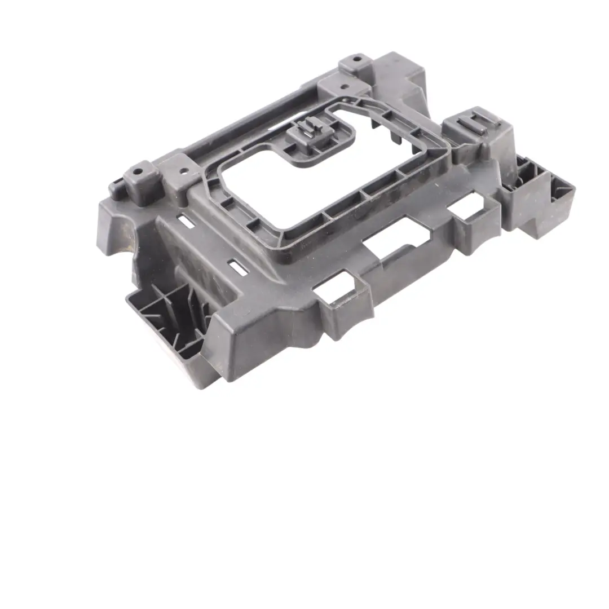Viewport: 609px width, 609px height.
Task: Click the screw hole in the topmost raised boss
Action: click(x=357, y=58)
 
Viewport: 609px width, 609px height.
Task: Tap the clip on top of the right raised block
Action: click(x=473, y=122)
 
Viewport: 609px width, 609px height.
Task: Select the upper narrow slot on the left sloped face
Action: click(x=187, y=222)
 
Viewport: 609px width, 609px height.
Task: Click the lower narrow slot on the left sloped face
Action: click(x=238, y=268)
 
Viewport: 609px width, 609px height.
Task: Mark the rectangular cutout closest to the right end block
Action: click(x=464, y=205)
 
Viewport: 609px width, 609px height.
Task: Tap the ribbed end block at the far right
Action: click(x=541, y=195)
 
